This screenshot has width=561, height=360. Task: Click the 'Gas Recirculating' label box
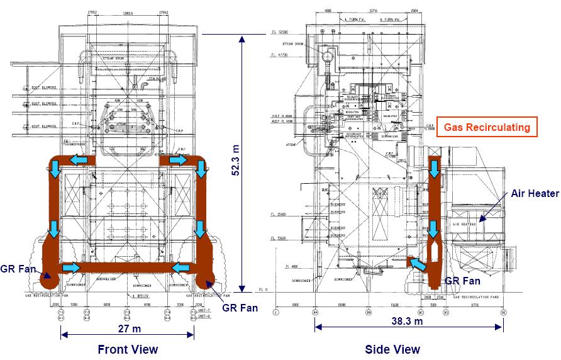click(x=486, y=127)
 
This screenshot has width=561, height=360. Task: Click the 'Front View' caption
click(x=128, y=349)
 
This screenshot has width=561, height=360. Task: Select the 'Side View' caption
click(x=392, y=349)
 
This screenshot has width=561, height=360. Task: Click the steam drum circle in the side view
click(x=326, y=56)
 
